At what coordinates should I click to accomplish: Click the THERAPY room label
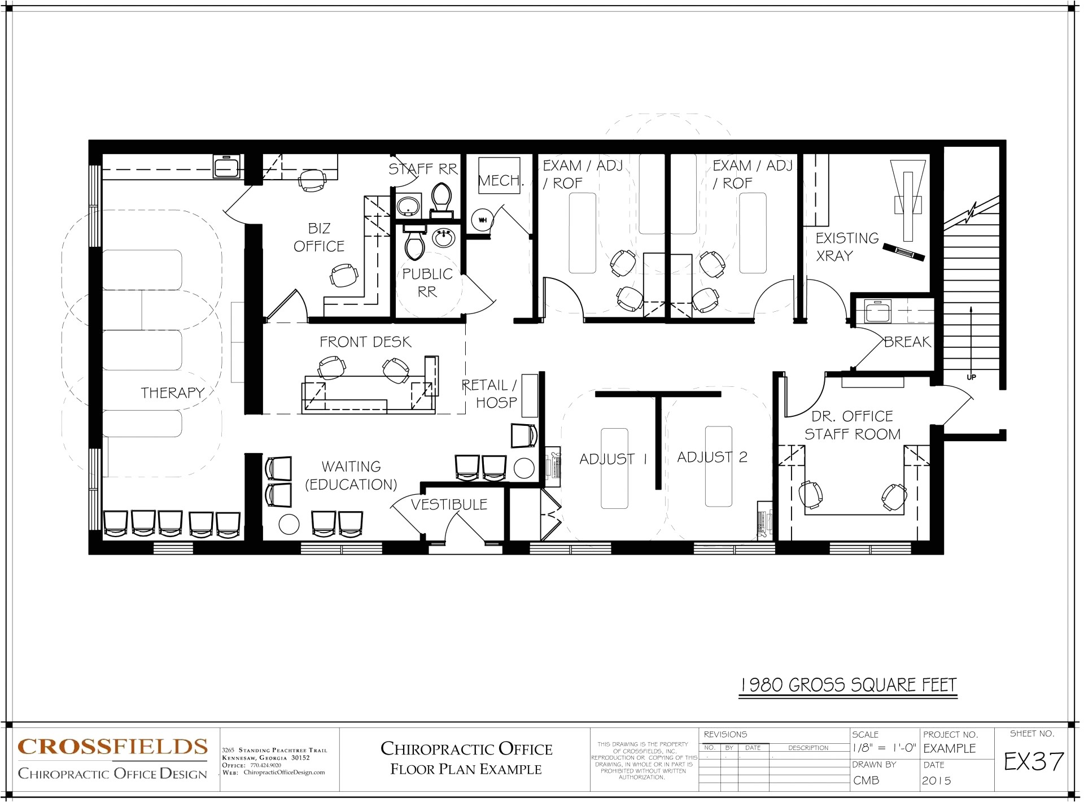tap(172, 393)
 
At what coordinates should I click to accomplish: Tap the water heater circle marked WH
tap(483, 220)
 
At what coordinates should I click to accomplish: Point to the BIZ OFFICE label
tap(319, 237)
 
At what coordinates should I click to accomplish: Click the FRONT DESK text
tap(365, 342)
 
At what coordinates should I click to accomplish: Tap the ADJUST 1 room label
tap(613, 459)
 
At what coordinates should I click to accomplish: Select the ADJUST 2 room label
tap(712, 457)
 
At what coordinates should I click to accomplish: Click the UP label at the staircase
tap(971, 377)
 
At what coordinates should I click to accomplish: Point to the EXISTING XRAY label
tap(846, 247)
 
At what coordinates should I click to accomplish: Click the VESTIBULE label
tap(449, 504)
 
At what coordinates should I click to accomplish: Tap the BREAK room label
tap(907, 342)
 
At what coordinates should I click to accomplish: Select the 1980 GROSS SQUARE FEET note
tap(848, 685)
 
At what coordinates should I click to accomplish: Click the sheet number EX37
tap(1034, 762)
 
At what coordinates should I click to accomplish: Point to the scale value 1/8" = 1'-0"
tap(884, 748)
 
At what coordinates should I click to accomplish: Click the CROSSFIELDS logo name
tap(113, 747)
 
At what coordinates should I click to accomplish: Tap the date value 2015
tap(936, 781)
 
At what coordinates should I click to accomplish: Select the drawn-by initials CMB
tap(866, 781)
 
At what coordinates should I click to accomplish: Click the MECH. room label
tap(501, 181)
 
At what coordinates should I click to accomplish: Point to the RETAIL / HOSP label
tap(490, 394)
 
